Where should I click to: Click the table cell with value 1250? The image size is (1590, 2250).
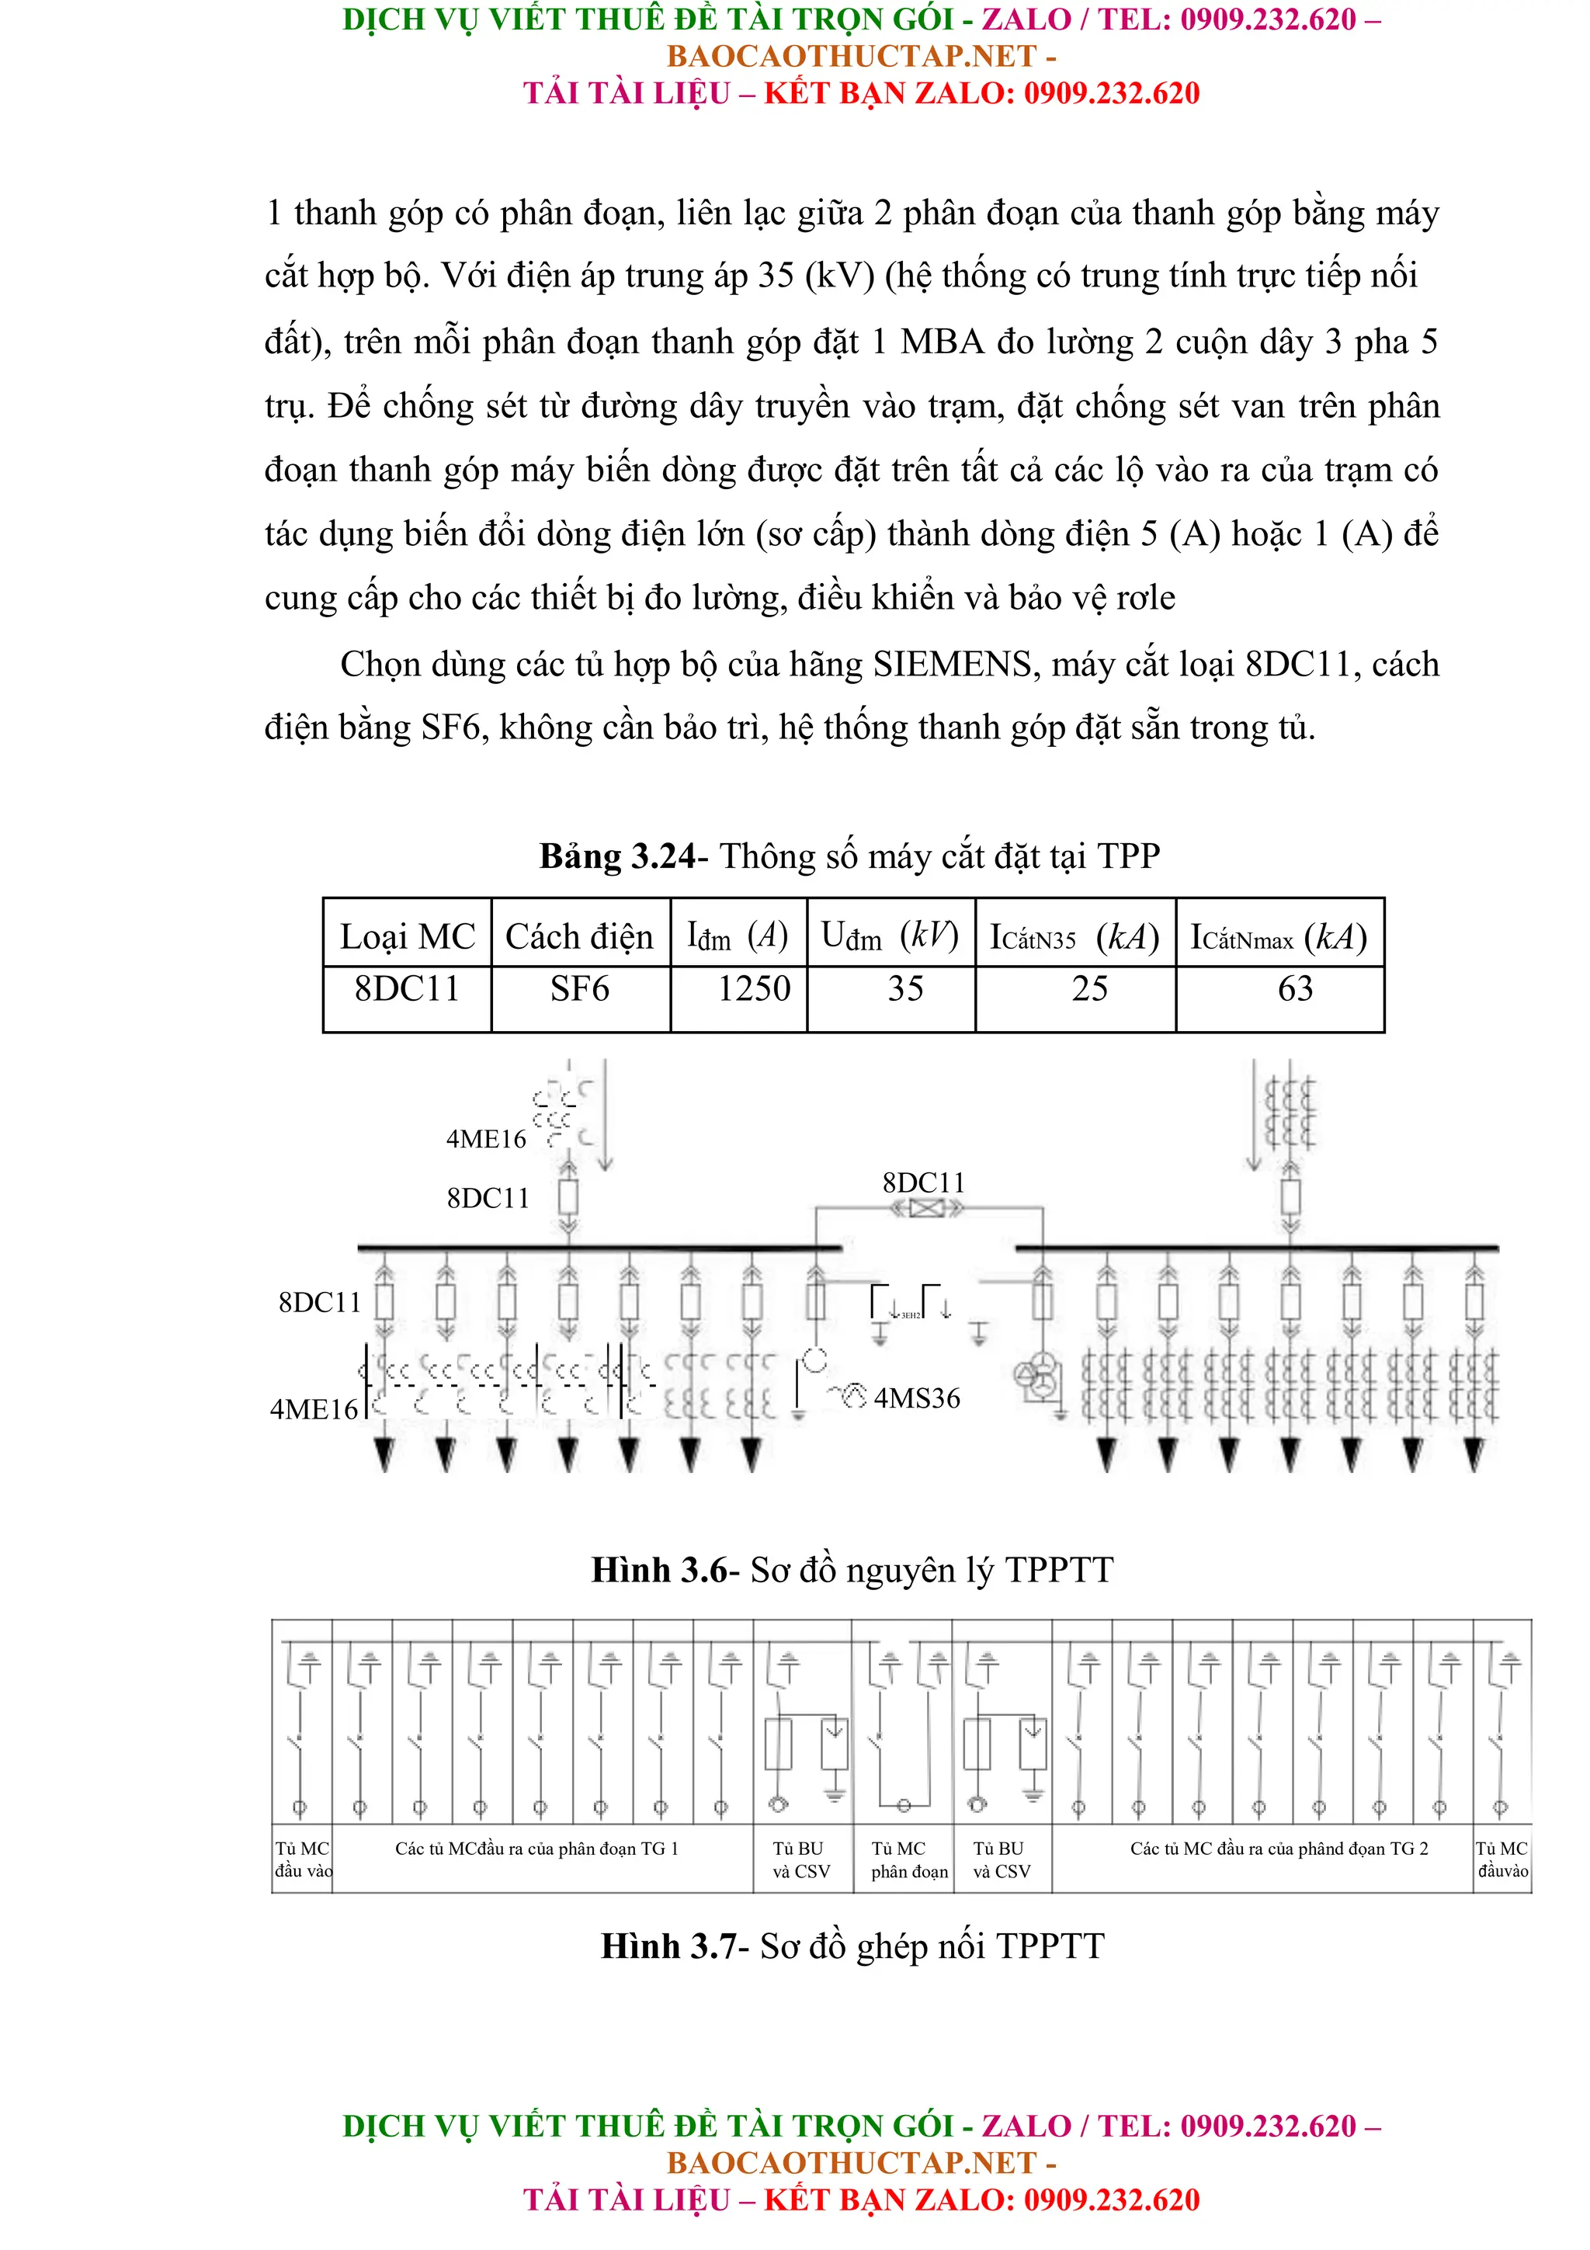[753, 989]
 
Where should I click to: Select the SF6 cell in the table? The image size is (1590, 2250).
[579, 989]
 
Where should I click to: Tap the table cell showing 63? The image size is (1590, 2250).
[1294, 989]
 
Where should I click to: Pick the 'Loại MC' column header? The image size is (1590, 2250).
[407, 937]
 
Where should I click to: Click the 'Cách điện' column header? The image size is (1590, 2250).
[579, 937]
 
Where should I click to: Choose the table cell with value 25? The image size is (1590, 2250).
[1089, 989]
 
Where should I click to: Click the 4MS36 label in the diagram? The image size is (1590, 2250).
[916, 1398]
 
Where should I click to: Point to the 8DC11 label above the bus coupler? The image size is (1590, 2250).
[923, 1182]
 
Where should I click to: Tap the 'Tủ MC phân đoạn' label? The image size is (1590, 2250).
[909, 1860]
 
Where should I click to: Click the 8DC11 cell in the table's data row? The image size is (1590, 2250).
[407, 989]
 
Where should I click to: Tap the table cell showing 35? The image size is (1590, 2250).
[905, 989]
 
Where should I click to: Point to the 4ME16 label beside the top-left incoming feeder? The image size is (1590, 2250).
[486, 1139]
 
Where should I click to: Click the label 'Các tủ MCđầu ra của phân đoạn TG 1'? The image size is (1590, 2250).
[536, 1849]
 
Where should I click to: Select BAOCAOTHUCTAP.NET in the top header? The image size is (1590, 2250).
[850, 56]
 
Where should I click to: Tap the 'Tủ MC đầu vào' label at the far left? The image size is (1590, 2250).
[303, 1860]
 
